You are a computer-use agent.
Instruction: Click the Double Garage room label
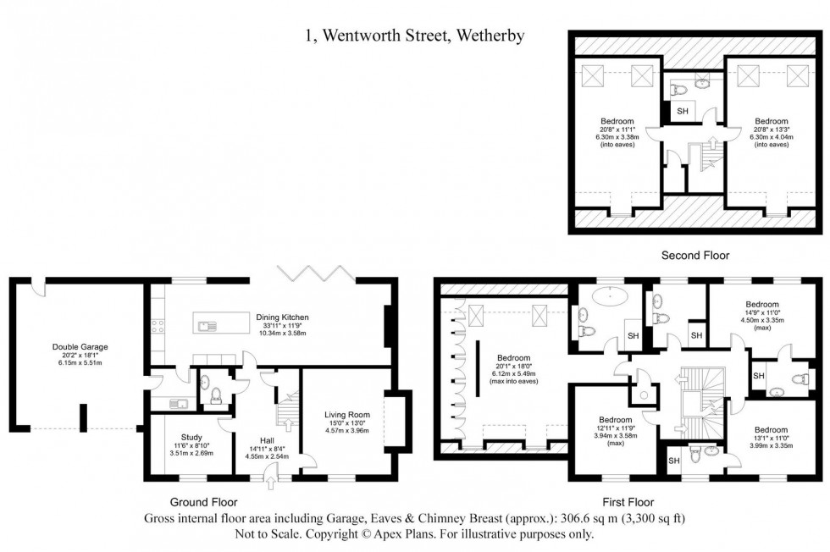click(77, 346)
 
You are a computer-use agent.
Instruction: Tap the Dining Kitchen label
click(282, 317)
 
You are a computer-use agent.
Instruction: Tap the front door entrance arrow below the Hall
click(271, 482)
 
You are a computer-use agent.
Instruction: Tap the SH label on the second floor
click(683, 111)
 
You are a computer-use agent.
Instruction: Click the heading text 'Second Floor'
click(695, 255)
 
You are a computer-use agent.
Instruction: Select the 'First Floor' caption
click(627, 501)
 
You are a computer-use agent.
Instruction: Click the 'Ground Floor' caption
click(196, 501)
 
